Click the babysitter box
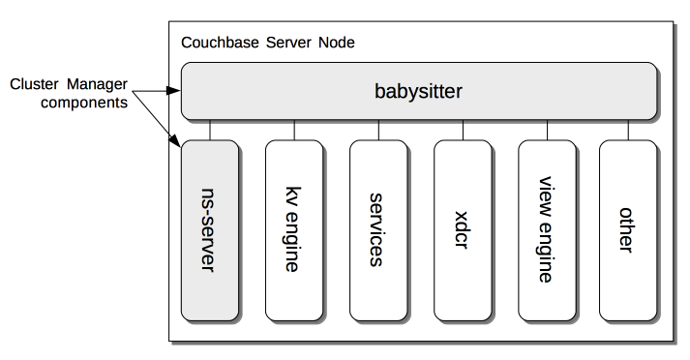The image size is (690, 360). (x=417, y=92)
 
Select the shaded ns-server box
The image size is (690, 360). (x=209, y=230)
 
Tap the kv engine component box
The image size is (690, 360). (x=293, y=230)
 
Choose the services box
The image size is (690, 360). (x=377, y=230)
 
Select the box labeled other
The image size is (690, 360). (x=625, y=230)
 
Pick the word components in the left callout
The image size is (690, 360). (x=83, y=102)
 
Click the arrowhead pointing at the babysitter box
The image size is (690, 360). (x=175, y=91)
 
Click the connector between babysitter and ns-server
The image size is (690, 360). (x=209, y=130)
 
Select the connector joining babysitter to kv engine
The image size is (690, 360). (x=293, y=130)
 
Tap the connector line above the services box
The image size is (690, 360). (x=377, y=130)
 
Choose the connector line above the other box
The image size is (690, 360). (x=625, y=130)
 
